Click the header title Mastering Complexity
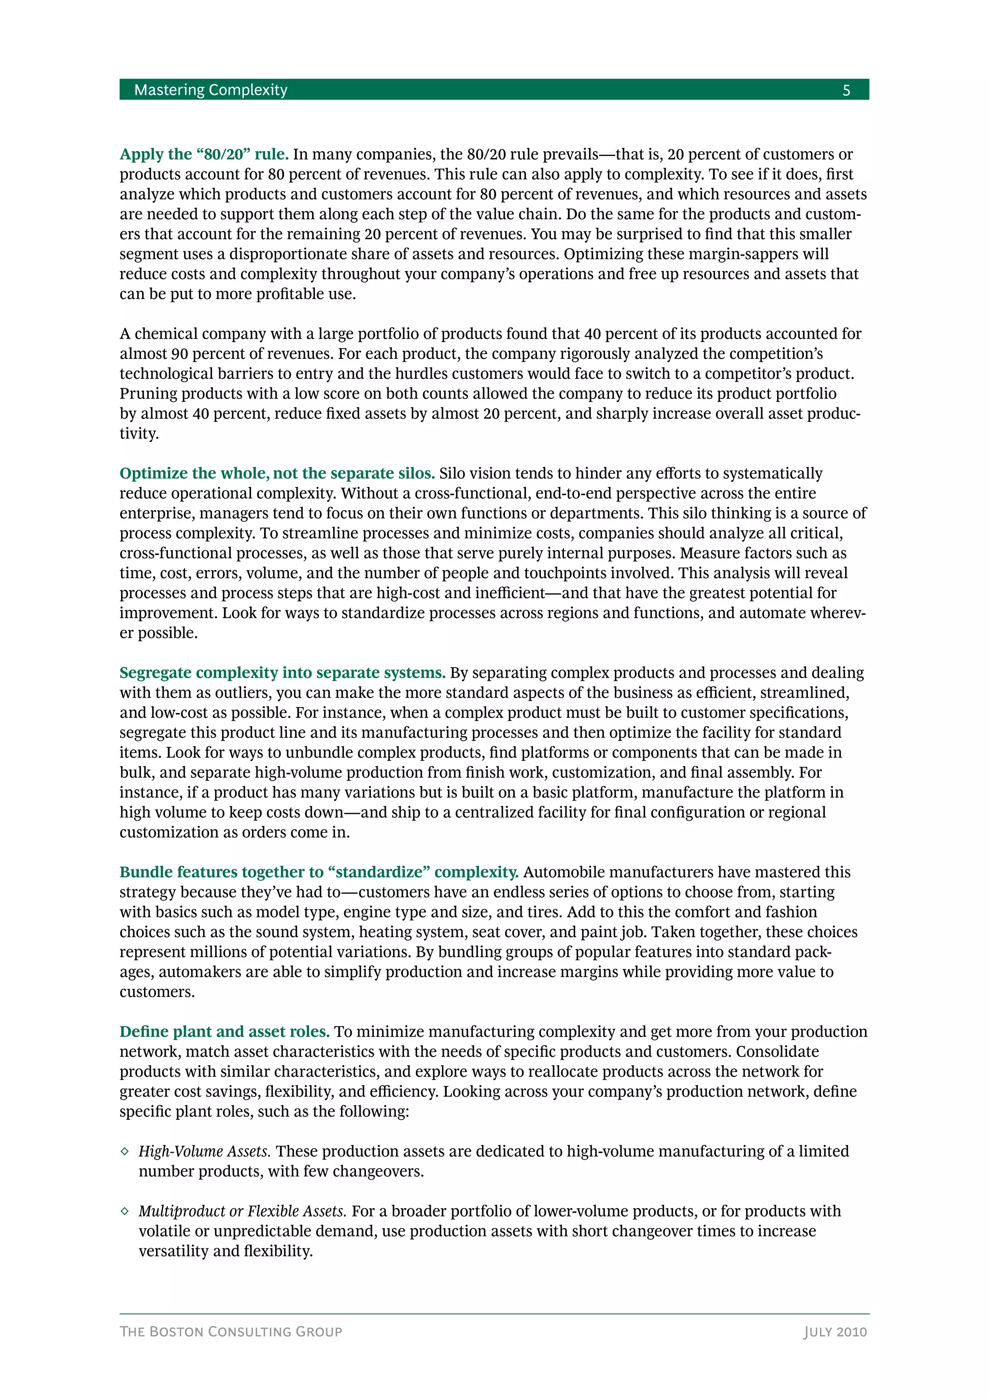click(x=211, y=90)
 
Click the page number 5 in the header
click(x=846, y=91)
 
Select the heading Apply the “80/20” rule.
click(x=204, y=154)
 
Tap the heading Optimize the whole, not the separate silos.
click(x=277, y=473)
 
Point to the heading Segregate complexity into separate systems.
click(x=283, y=673)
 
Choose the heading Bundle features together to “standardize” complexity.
click(x=319, y=872)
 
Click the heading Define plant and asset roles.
click(x=225, y=1031)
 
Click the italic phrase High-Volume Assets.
click(x=205, y=1151)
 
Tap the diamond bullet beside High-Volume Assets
click(x=125, y=1152)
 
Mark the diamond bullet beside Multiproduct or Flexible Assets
click(x=125, y=1212)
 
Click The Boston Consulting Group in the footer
click(x=231, y=1331)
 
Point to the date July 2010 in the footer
click(x=835, y=1331)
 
